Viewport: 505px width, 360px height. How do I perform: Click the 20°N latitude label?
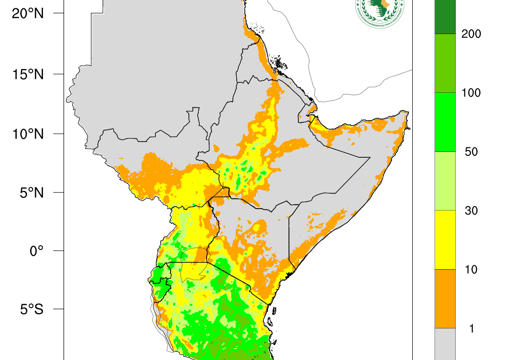click(x=28, y=14)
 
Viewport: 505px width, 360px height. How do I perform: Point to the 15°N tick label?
click(x=28, y=74)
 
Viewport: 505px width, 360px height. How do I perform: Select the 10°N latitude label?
click(x=28, y=134)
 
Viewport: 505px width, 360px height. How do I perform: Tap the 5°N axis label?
click(x=31, y=192)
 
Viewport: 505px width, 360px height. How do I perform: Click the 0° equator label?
click(x=36, y=251)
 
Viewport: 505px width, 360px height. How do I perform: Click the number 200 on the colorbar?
click(x=471, y=34)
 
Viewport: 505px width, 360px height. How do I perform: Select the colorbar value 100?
click(x=471, y=93)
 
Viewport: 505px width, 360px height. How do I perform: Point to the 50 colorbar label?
click(x=471, y=151)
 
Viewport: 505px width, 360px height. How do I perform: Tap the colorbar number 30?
click(x=471, y=211)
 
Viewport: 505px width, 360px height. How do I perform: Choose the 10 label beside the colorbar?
click(x=471, y=269)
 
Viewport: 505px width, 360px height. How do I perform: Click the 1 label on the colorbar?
click(x=471, y=328)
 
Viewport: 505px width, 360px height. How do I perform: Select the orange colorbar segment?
click(x=445, y=298)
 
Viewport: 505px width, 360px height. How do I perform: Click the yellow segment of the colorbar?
click(x=445, y=240)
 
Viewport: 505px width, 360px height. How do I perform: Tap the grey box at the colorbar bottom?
click(x=445, y=344)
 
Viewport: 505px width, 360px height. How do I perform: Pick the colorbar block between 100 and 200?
click(x=445, y=63)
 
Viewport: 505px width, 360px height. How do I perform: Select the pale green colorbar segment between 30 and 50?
click(x=445, y=180)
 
